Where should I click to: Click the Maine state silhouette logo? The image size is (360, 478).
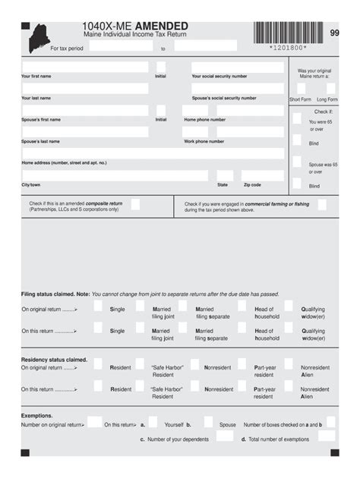(37, 38)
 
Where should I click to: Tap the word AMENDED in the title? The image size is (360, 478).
(162, 27)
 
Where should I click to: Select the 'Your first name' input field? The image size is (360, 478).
(84, 67)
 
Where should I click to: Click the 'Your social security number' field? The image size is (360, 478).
(237, 67)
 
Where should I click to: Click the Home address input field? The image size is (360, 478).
(152, 153)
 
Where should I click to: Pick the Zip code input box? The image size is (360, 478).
(263, 175)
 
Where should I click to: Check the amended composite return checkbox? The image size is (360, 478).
(135, 204)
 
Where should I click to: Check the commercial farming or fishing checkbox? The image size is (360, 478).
(322, 204)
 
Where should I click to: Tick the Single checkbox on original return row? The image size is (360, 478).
(98, 306)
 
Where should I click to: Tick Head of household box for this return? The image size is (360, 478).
(242, 327)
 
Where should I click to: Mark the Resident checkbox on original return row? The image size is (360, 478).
(98, 363)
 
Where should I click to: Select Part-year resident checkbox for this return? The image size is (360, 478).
(242, 385)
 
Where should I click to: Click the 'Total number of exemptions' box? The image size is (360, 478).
(327, 436)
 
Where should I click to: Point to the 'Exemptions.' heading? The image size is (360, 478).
(37, 416)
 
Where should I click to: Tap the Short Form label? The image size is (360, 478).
(300, 99)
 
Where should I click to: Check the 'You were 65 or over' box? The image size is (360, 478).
(297, 118)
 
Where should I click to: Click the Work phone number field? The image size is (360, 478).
(233, 131)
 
